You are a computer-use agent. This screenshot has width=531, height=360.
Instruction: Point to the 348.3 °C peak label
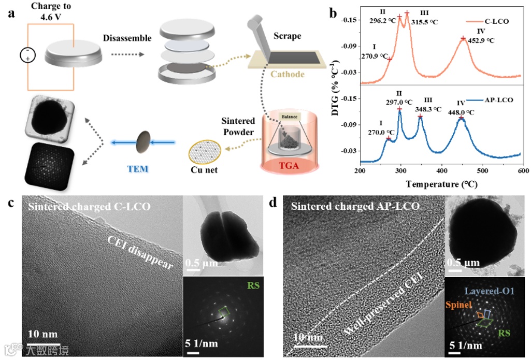pos(428,109)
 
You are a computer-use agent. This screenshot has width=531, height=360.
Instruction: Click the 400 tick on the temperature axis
pos(441,171)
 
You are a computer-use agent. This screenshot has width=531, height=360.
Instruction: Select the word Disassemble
pos(127,38)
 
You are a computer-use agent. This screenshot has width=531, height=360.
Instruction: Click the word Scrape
pos(287,37)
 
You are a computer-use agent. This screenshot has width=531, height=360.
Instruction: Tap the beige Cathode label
pos(287,74)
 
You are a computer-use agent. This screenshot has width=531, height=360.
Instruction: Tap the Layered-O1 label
pos(496,291)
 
